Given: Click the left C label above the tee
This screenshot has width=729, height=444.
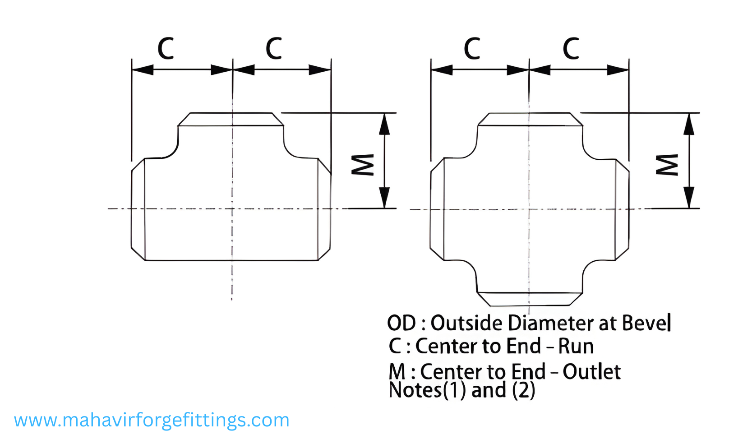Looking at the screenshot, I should [x=166, y=49].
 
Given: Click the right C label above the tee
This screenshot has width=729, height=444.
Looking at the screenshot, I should [x=273, y=49].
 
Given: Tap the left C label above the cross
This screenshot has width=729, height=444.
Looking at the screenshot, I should [x=472, y=49].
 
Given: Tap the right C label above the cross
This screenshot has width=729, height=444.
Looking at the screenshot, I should [x=571, y=49].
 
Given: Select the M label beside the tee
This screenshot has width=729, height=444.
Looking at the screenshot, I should [x=363, y=164].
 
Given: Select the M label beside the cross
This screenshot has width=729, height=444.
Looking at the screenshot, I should [x=667, y=164].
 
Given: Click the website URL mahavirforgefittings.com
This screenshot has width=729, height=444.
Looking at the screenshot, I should [x=152, y=420].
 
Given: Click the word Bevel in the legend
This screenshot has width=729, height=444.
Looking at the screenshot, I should [x=646, y=323].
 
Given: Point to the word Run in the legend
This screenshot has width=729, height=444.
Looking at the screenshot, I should [x=576, y=347].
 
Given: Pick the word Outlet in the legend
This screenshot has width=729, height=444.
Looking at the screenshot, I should [x=591, y=372].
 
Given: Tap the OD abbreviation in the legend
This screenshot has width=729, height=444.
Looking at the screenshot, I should [x=401, y=323].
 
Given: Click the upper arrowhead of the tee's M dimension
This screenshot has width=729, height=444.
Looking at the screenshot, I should [x=384, y=124].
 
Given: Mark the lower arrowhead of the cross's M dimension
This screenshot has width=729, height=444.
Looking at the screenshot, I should [x=689, y=198].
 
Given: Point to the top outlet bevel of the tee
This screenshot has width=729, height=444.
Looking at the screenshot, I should [x=231, y=119].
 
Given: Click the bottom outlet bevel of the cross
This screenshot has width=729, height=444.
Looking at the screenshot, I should [x=530, y=299].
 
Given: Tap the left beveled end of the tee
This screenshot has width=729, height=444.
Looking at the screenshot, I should [x=138, y=209].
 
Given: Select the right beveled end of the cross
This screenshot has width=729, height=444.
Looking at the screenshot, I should [x=622, y=209].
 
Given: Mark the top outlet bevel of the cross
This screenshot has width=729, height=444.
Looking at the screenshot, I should [x=530, y=119].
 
